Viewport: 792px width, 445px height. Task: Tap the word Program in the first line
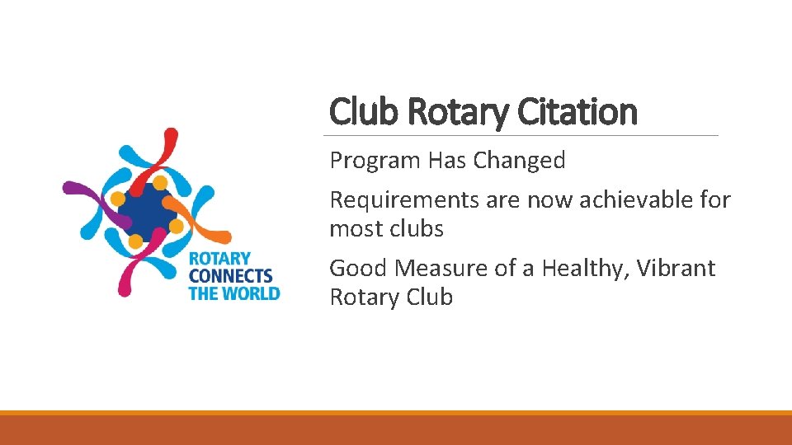(375, 161)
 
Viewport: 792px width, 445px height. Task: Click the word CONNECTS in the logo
(230, 276)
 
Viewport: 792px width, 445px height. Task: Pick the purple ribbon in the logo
(87, 192)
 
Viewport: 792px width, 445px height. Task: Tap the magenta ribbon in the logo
(132, 272)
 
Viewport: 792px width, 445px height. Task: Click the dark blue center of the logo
(146, 211)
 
